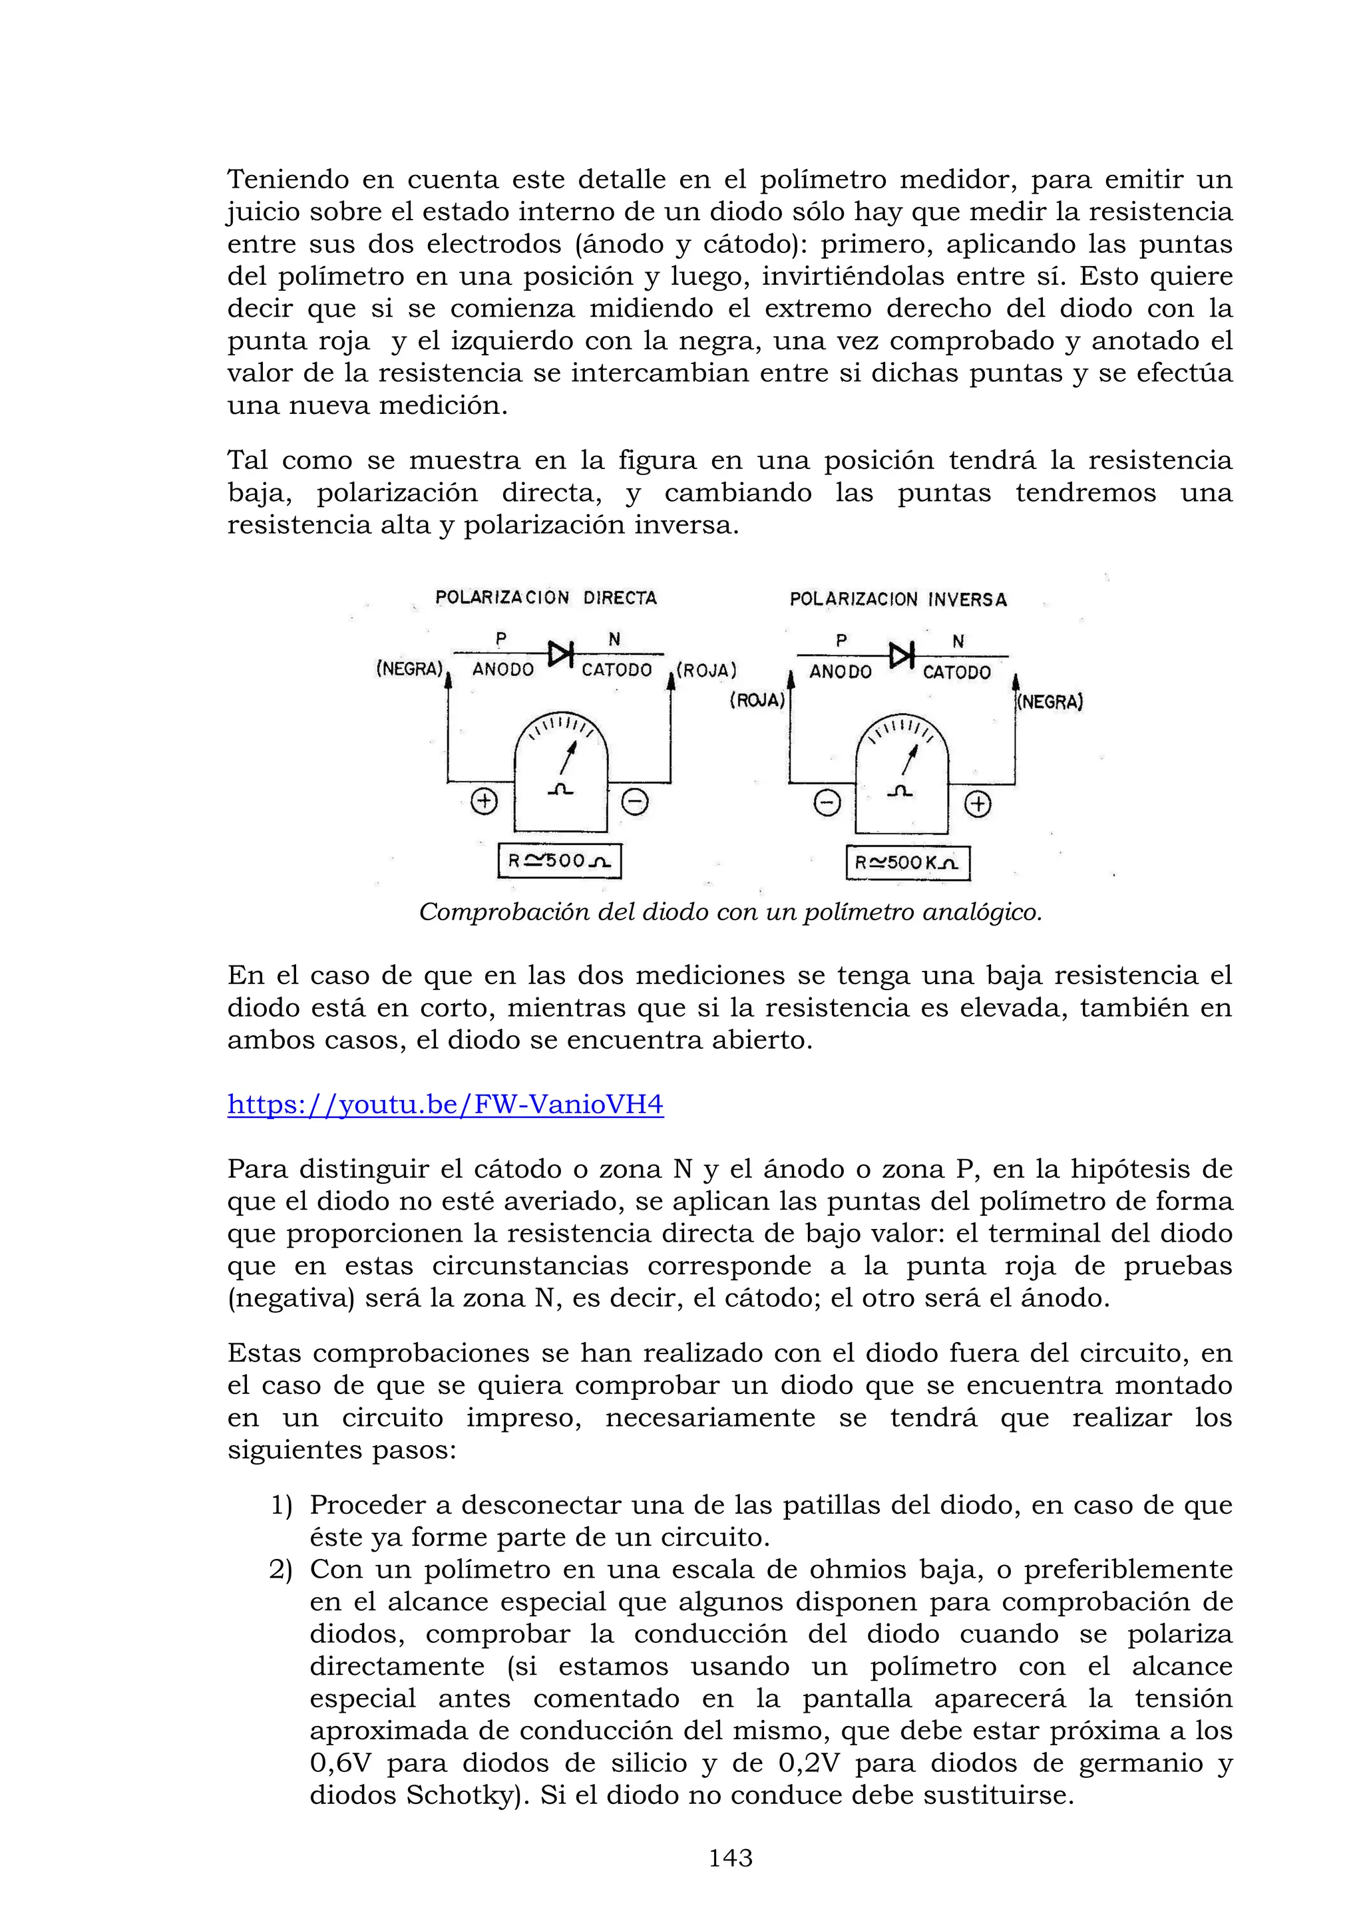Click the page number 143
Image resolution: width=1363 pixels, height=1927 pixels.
[x=730, y=1859]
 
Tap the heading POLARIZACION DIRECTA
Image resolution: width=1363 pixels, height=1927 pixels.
[x=546, y=598]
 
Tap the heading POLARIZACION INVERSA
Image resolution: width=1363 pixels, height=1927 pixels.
[x=898, y=600]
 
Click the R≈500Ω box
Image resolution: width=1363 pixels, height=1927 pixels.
[x=559, y=861]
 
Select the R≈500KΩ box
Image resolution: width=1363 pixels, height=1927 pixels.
[x=907, y=863]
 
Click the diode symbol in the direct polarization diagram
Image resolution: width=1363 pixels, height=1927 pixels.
[x=560, y=652]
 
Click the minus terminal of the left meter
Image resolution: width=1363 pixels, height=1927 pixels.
[x=634, y=803]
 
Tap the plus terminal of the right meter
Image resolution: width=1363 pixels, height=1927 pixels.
[x=978, y=805]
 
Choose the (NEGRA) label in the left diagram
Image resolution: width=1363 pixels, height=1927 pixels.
[x=409, y=669]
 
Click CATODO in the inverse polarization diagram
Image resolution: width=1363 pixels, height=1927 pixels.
[x=957, y=671]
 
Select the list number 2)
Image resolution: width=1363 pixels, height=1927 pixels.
[x=280, y=1570]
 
